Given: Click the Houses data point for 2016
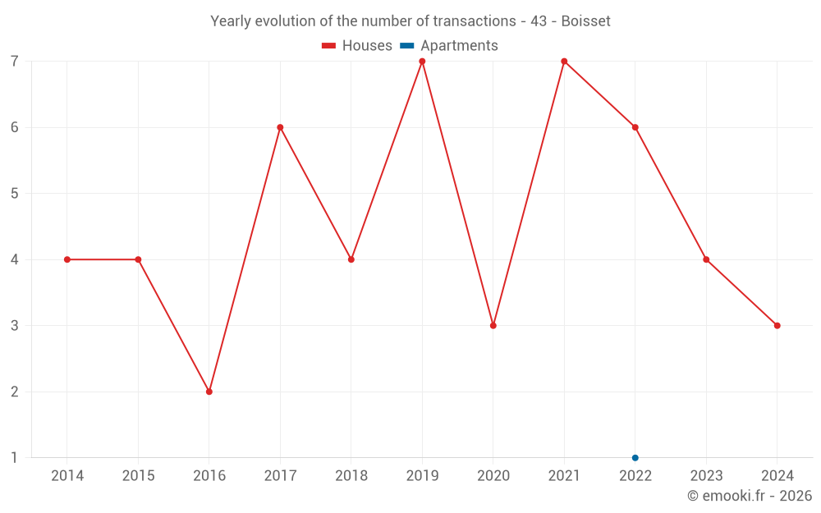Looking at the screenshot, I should pos(209,392).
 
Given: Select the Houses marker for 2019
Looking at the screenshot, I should pos(422,62).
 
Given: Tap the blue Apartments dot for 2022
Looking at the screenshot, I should pos(635,458).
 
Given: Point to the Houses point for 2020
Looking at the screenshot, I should pos(493,326).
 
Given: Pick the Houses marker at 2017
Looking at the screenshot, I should pos(280,127).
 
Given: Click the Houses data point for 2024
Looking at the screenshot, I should pos(777,326).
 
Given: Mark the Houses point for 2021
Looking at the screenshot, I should pos(564,62).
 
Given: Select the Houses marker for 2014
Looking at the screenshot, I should pos(67,259).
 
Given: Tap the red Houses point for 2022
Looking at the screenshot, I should pos(635,127).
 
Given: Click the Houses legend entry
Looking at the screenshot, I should pos(357,46).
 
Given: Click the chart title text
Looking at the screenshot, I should pos(410,21).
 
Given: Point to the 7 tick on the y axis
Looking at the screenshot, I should pos(15,62).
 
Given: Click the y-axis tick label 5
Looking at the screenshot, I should pos(15,194).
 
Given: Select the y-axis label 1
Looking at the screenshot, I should pos(15,458).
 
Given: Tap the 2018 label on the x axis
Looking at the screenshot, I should pos(351,476).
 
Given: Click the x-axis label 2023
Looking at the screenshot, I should pos(706,476).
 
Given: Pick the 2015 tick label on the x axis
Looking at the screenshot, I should pos(138,476).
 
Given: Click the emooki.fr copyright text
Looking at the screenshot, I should pos(750,496).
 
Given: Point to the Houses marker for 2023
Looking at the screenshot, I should pos(706,259).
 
